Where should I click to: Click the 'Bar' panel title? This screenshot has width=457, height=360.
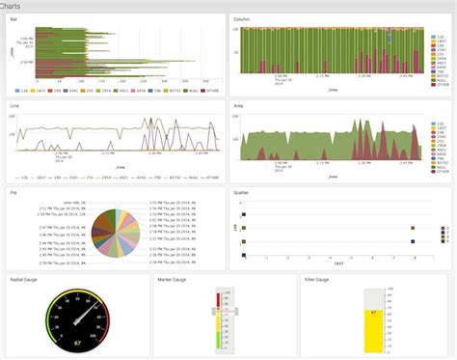[13, 18]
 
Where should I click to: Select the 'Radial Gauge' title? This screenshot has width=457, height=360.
[24, 278]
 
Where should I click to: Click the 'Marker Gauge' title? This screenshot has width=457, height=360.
[173, 278]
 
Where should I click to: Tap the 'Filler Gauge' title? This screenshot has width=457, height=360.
[318, 278]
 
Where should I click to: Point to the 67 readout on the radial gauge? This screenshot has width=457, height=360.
[76, 342]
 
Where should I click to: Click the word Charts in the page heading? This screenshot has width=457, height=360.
[13, 6]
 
